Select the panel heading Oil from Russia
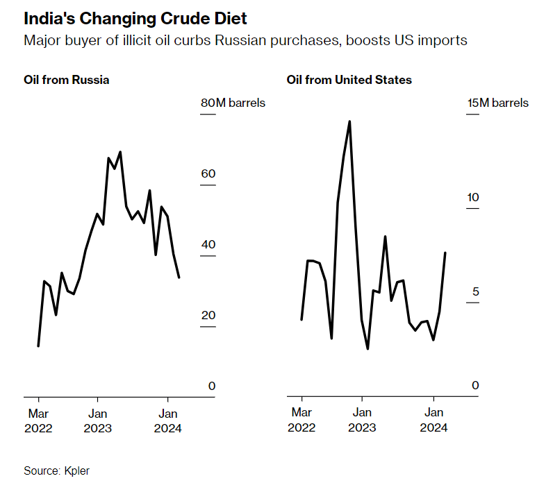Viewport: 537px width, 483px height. point(66,80)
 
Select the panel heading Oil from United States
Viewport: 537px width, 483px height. point(349,80)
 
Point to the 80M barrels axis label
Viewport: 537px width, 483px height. point(233,103)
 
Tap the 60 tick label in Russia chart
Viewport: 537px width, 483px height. point(208,173)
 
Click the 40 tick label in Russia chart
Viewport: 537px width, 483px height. point(208,244)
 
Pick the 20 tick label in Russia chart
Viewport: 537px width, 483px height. point(208,316)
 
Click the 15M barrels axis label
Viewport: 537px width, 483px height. point(497,103)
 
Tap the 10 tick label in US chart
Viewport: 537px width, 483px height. point(472,198)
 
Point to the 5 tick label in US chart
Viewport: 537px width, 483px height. point(475,291)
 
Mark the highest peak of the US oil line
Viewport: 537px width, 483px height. point(349,121)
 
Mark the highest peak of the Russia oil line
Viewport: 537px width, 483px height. point(120,151)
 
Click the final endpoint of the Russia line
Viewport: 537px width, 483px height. point(179,278)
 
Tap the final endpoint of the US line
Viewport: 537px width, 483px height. point(445,253)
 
